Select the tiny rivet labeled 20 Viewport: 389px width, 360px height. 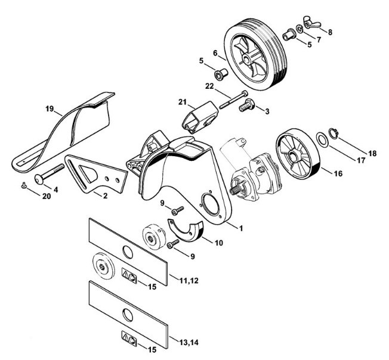[23, 185]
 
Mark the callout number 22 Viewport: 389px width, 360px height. [208, 87]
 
